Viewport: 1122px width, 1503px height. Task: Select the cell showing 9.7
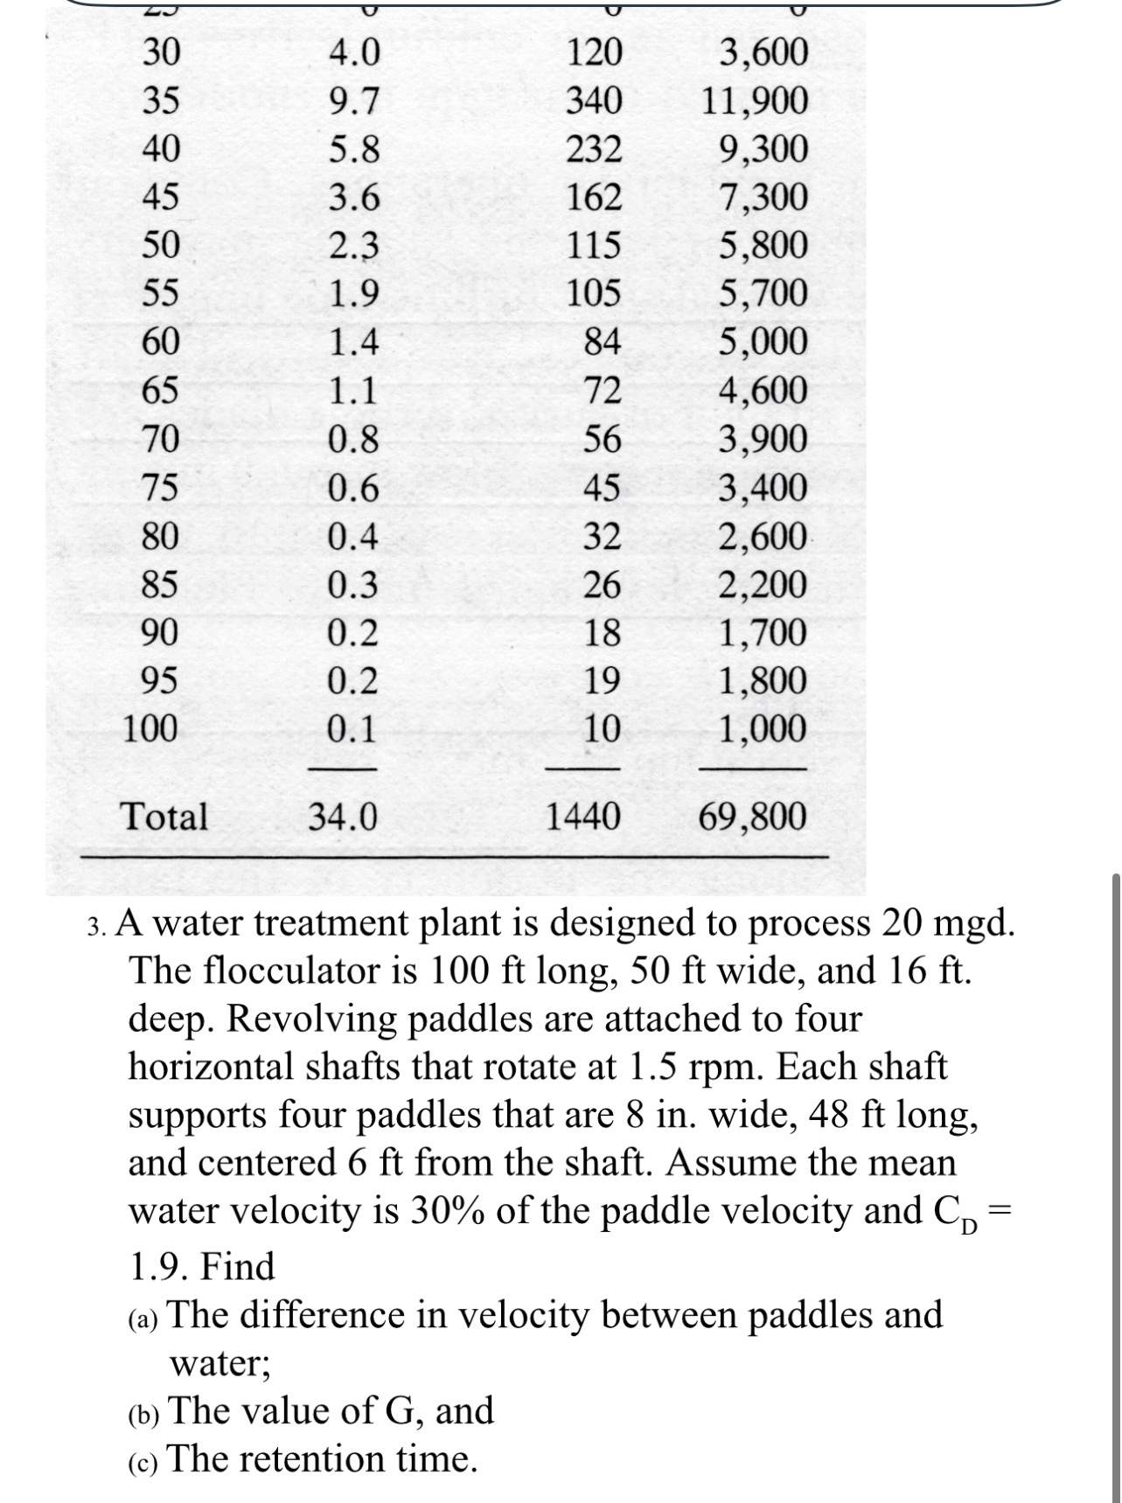354,102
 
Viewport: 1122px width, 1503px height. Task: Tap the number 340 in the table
594,101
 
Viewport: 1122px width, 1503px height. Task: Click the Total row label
164,817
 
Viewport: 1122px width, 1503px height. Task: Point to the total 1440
582,817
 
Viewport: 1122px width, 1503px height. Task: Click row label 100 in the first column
150,727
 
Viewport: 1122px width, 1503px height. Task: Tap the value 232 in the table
594,150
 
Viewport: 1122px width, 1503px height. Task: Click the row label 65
161,389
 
